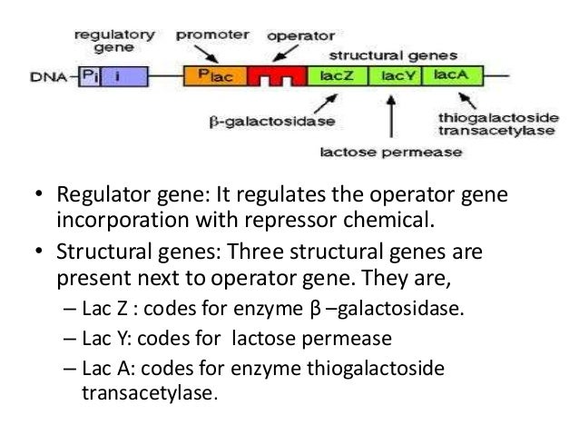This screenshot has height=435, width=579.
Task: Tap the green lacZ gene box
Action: [x=333, y=75]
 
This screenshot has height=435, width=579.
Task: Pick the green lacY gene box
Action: [x=397, y=75]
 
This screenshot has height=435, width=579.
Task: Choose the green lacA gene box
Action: [x=451, y=75]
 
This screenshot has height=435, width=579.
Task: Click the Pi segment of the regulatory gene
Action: [x=92, y=76]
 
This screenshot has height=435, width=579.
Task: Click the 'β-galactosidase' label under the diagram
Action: [x=272, y=120]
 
